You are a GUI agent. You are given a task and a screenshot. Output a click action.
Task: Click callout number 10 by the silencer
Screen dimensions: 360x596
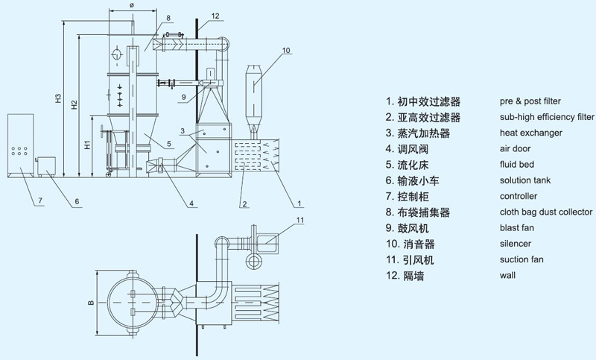pyautogui.click(x=287, y=51)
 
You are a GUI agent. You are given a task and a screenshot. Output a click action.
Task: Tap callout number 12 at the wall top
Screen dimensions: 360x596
pyautogui.click(x=215, y=16)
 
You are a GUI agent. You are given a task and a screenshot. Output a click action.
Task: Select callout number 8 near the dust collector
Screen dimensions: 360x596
pyautogui.click(x=169, y=16)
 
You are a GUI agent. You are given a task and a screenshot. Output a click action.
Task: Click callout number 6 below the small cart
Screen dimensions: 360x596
pyautogui.click(x=77, y=202)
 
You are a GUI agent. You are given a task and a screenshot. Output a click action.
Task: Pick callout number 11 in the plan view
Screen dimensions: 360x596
pyautogui.click(x=300, y=220)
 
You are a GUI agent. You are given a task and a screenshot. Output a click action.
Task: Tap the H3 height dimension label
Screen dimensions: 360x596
pyautogui.click(x=57, y=98)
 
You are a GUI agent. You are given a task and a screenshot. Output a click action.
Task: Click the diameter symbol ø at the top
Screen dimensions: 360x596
pyautogui.click(x=131, y=5)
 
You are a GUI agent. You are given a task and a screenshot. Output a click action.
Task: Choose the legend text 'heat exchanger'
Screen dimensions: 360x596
pyautogui.click(x=530, y=133)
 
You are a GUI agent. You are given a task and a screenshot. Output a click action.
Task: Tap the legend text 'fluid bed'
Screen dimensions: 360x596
pyautogui.click(x=518, y=165)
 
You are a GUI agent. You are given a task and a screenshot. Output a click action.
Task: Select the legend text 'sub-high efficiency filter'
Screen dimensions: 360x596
pyautogui.click(x=547, y=117)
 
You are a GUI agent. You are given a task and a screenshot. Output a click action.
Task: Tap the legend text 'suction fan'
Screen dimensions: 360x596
pyautogui.click(x=521, y=259)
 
